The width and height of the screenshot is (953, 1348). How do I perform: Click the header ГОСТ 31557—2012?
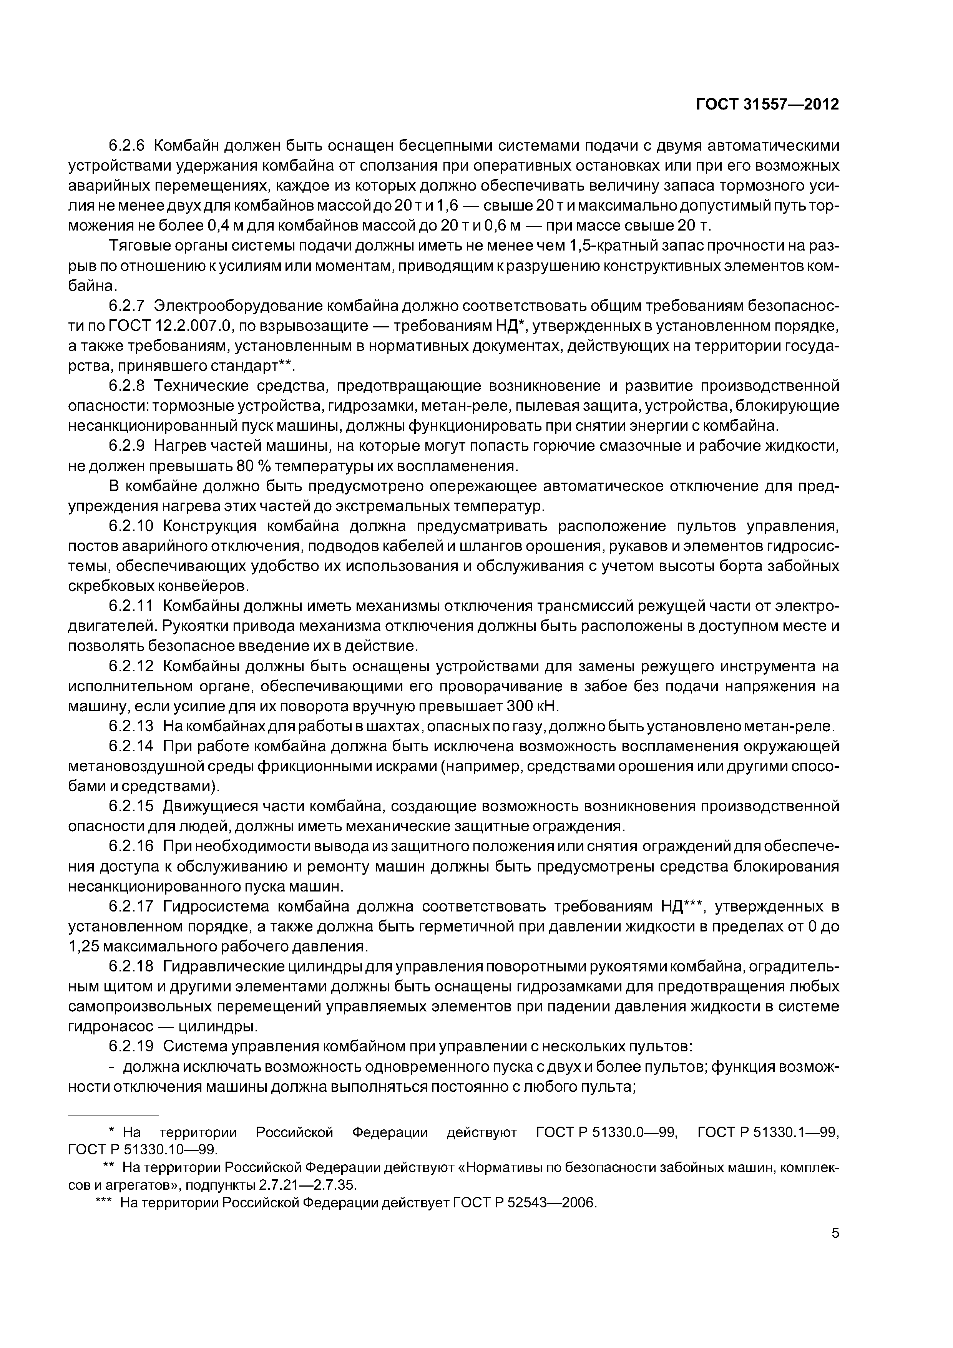[767, 105]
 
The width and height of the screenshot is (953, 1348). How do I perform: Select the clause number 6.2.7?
[130, 306]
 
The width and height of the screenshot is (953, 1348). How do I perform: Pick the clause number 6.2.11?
[134, 606]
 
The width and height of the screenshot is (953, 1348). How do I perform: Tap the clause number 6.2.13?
[134, 726]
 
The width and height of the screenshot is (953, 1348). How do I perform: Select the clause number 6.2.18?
[134, 966]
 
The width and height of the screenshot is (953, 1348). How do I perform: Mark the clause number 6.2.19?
[134, 1046]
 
